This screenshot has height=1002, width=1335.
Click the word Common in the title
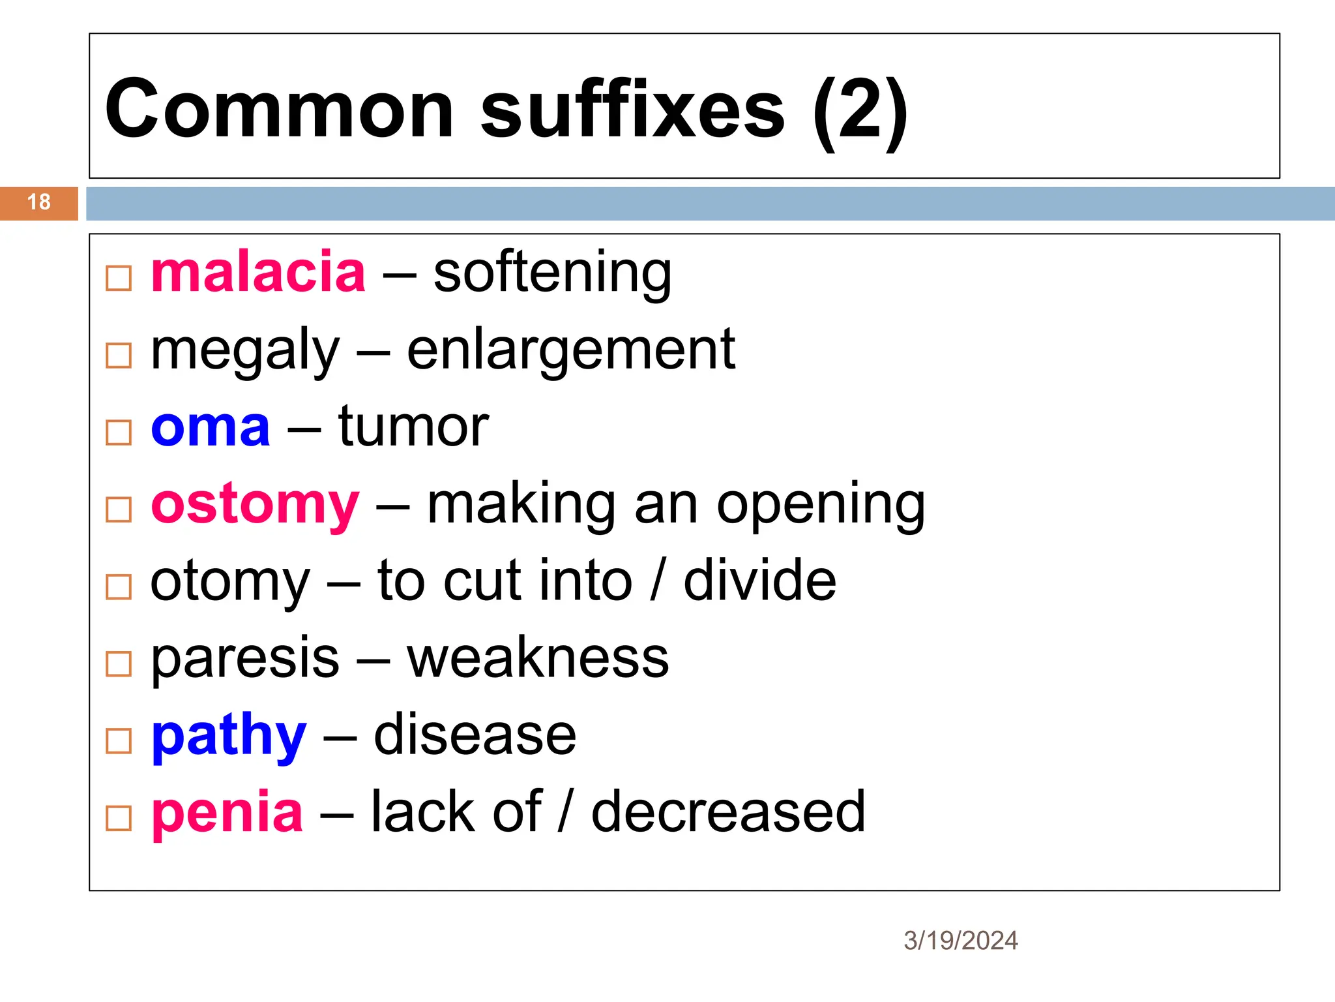coord(279,110)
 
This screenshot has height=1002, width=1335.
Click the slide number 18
coord(39,202)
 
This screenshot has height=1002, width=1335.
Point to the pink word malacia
coord(258,273)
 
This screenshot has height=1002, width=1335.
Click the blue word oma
coord(210,428)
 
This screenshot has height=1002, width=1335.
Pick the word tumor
coord(413,428)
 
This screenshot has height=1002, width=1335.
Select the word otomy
coord(230,582)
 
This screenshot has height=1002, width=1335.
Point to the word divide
coord(759,581)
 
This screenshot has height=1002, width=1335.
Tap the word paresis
coord(245,659)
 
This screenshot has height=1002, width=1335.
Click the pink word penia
coord(227,813)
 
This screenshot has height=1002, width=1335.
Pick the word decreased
coord(728,813)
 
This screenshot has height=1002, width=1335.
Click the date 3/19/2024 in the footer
coord(960,941)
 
